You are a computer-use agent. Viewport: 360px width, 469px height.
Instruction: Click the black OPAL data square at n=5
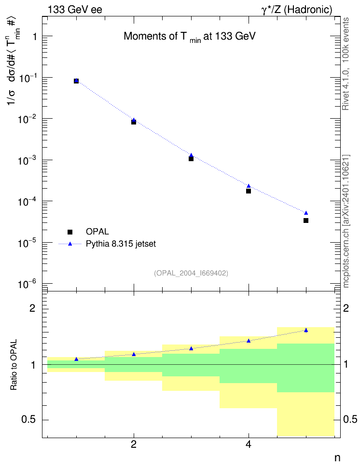(306, 221)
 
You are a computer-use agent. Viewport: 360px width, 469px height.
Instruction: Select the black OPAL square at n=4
(249, 191)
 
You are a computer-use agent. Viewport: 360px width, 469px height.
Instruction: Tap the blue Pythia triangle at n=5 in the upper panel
(306, 213)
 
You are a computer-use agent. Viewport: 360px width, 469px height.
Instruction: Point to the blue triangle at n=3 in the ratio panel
(191, 348)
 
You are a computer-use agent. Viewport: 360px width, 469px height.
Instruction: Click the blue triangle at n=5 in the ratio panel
(306, 330)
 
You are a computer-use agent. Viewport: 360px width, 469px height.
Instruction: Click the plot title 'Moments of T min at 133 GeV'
(190, 37)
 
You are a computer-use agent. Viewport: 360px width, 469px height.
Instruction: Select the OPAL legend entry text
(97, 232)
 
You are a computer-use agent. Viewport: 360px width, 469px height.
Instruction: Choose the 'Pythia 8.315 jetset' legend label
(121, 244)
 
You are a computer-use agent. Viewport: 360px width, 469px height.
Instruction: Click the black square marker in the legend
(70, 232)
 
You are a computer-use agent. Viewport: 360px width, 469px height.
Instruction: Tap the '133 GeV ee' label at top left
(75, 10)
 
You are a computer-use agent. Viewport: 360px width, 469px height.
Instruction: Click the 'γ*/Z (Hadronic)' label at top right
(297, 10)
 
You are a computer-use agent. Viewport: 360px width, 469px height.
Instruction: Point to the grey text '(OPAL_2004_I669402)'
(191, 273)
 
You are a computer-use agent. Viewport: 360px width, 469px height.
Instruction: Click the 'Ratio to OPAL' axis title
(14, 365)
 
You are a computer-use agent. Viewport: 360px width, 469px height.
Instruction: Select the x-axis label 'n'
(337, 457)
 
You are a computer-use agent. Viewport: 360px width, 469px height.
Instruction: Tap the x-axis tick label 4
(249, 444)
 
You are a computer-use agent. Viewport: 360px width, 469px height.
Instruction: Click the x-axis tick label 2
(134, 444)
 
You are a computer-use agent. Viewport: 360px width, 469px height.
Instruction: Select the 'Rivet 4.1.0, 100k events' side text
(346, 64)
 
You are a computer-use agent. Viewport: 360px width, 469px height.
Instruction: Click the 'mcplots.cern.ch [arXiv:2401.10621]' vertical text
(346, 221)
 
